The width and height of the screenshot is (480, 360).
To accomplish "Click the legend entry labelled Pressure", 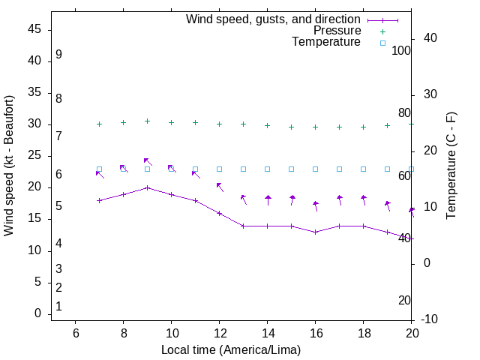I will [337, 31].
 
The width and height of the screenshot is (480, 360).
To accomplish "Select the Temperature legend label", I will [326, 42].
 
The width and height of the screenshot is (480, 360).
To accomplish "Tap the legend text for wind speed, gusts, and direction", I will [274, 19].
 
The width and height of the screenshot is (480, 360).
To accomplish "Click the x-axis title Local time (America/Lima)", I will [231, 349].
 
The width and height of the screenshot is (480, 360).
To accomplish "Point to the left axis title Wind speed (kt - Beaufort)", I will [9, 166].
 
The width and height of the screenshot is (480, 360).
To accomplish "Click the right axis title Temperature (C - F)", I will [451, 166].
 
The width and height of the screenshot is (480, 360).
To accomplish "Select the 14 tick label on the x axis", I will [267, 333].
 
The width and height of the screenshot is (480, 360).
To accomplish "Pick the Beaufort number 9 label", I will [58, 55].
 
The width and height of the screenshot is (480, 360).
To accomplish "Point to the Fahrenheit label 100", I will [401, 50].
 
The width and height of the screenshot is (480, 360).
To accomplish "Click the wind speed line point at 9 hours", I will [147, 187].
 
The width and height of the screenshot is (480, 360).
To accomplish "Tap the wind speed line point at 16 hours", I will [315, 232].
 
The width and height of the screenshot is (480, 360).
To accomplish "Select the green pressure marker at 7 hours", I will [99, 124].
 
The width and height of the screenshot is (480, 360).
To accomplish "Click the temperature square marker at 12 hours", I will [219, 169].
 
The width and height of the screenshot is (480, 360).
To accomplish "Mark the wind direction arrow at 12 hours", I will [220, 186].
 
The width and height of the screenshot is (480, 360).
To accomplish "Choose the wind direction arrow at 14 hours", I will [268, 199].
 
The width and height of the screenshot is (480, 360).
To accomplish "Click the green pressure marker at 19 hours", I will [387, 125].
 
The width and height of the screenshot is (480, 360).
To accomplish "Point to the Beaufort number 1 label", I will [58, 306].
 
